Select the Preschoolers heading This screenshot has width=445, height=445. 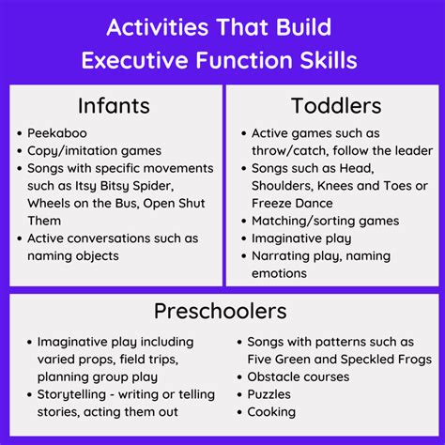(x=222, y=311)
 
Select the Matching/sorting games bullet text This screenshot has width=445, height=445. (x=325, y=221)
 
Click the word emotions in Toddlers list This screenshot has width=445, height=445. (x=279, y=273)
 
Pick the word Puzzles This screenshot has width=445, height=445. (x=269, y=394)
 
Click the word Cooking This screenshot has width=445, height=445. (x=271, y=411)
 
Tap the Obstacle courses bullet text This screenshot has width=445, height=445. (x=298, y=376)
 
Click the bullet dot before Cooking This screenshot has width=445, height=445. (x=238, y=411)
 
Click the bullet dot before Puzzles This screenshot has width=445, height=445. (x=238, y=394)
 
